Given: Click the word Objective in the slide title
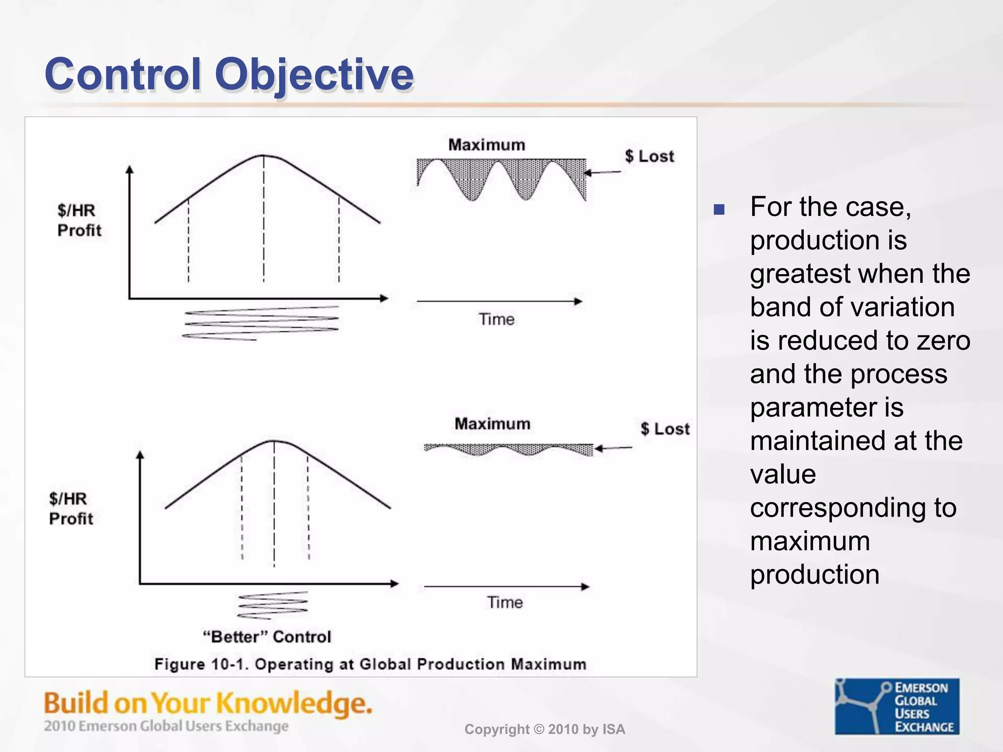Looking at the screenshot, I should [314, 74].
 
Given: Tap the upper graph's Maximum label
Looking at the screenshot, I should [486, 145].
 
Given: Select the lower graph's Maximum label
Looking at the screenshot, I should [492, 423].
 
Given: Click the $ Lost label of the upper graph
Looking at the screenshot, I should [649, 156].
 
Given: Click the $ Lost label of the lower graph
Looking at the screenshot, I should [665, 429].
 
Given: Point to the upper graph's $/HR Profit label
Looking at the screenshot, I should [79, 220].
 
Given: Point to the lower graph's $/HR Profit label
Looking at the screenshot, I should [71, 509].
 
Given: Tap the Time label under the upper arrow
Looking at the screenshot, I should [497, 319].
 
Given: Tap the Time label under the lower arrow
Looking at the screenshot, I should [504, 602].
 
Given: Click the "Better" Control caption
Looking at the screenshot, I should [267, 636].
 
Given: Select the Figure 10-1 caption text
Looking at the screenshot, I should [370, 664].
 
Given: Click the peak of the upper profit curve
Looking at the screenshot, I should [263, 156].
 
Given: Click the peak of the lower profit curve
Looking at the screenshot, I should [274, 442].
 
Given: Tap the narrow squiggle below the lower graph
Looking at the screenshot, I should [273, 605].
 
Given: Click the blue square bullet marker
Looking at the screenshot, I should [719, 210].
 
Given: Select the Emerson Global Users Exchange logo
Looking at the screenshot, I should [897, 706].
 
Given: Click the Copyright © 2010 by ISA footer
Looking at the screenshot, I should [545, 729].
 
